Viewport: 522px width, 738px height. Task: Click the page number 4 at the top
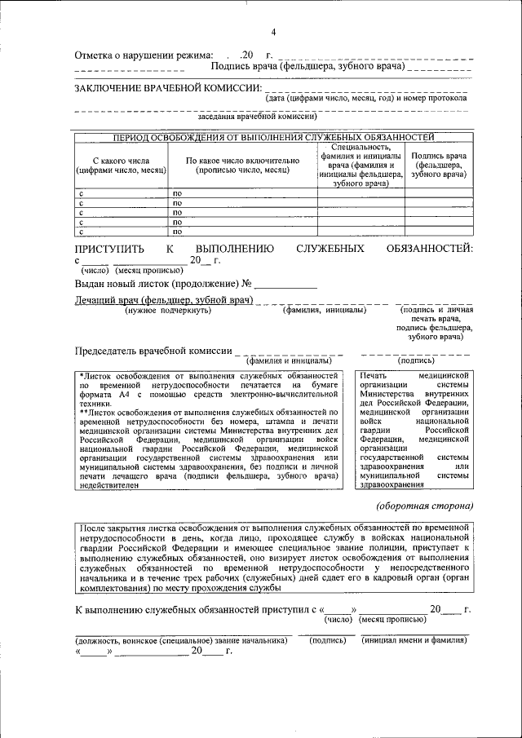click(x=273, y=32)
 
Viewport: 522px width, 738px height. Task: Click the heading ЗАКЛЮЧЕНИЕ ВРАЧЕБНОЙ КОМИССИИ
click(x=168, y=87)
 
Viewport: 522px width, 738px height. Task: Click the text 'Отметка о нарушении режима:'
click(x=144, y=55)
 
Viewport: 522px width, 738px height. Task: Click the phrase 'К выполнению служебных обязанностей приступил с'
click(x=195, y=609)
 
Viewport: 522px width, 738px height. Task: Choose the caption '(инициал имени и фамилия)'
click(x=415, y=641)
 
